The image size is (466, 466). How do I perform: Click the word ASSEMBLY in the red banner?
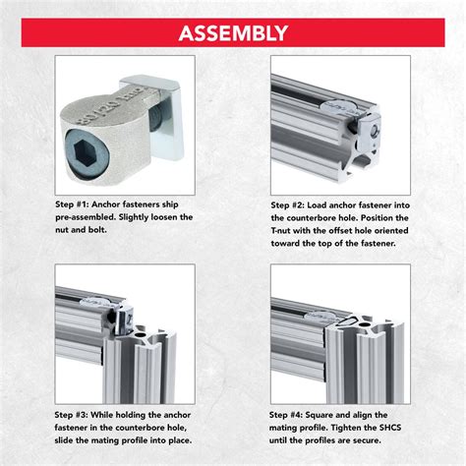[233, 32]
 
